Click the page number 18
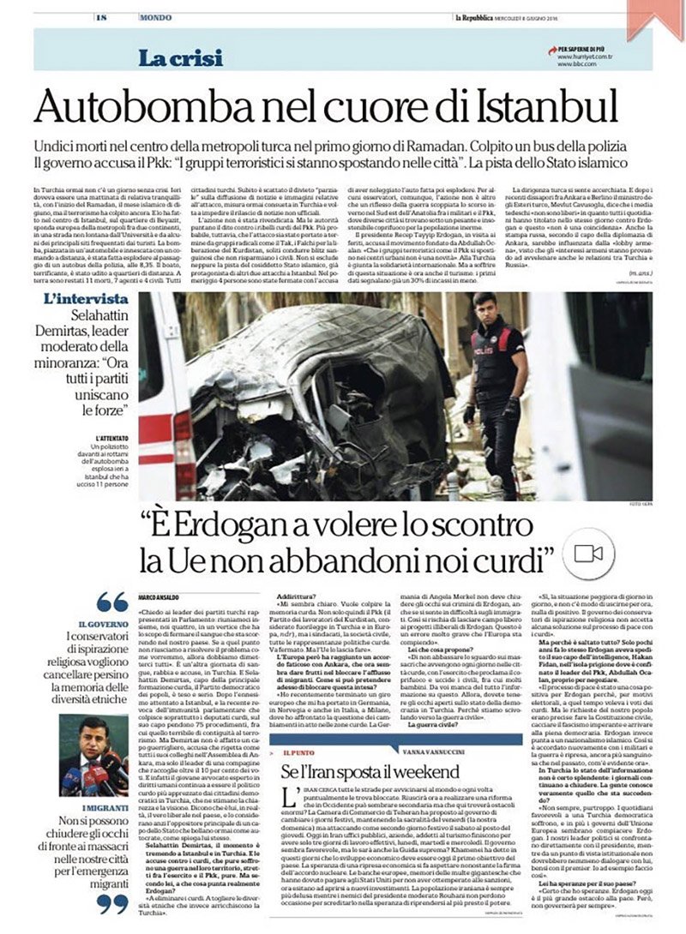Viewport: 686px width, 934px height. click(x=100, y=17)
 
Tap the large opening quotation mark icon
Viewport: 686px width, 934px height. click(x=111, y=601)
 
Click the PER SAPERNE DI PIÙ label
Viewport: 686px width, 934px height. click(x=572, y=50)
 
